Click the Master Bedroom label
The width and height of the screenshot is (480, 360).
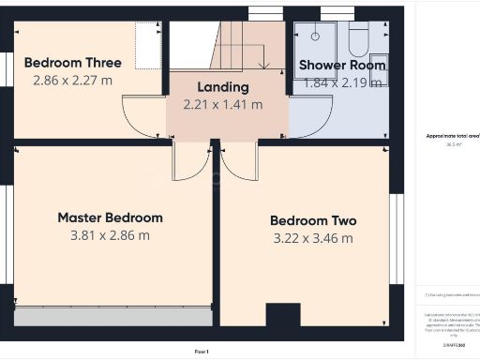pos(110,217)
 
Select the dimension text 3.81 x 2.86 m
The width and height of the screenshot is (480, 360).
pos(110,235)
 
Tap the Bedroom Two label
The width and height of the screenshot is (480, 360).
pos(313,221)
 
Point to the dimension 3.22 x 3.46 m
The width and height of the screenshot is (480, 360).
pos(313,239)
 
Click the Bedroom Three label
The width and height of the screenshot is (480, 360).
pos(72,63)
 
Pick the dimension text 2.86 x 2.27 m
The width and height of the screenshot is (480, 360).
pos(72,81)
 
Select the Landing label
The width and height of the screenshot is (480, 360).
pos(223,86)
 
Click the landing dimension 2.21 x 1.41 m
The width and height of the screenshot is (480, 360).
pos(223,104)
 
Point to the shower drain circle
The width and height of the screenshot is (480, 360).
pos(315,35)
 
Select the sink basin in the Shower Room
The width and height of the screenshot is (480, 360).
pos(378,70)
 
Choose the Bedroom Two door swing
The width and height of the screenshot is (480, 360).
pos(240,162)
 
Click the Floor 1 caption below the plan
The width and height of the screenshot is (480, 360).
pos(202,351)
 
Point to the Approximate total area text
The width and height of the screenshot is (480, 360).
pos(453,136)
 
